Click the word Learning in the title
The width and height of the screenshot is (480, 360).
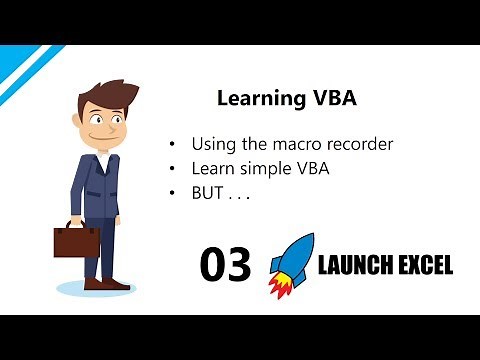click(x=251, y=100)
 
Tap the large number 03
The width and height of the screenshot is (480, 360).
click(x=225, y=264)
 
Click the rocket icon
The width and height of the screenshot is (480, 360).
click(x=293, y=260)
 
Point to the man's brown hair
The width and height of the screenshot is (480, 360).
click(x=101, y=94)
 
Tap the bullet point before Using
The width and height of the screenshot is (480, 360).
click(x=176, y=145)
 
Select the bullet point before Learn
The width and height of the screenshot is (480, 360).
click(x=176, y=169)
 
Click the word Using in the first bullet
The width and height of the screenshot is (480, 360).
click(x=217, y=145)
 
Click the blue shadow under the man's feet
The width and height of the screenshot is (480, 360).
click(x=95, y=289)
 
